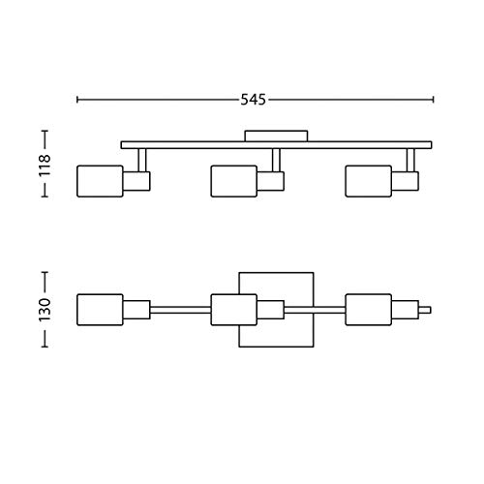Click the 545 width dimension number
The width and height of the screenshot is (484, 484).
(x=254, y=100)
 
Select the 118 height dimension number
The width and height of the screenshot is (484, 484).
(x=45, y=166)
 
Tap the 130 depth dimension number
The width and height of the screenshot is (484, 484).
(x=45, y=310)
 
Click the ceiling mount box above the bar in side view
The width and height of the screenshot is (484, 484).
(x=276, y=136)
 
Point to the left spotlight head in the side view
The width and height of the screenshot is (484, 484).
(x=100, y=181)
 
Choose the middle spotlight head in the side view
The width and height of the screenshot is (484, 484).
(x=234, y=181)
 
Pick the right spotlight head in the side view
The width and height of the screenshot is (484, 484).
(x=369, y=181)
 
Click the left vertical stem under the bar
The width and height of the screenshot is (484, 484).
(x=142, y=160)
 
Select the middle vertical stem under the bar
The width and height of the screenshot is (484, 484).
(x=276, y=160)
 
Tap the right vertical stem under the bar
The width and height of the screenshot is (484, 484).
(x=410, y=160)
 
